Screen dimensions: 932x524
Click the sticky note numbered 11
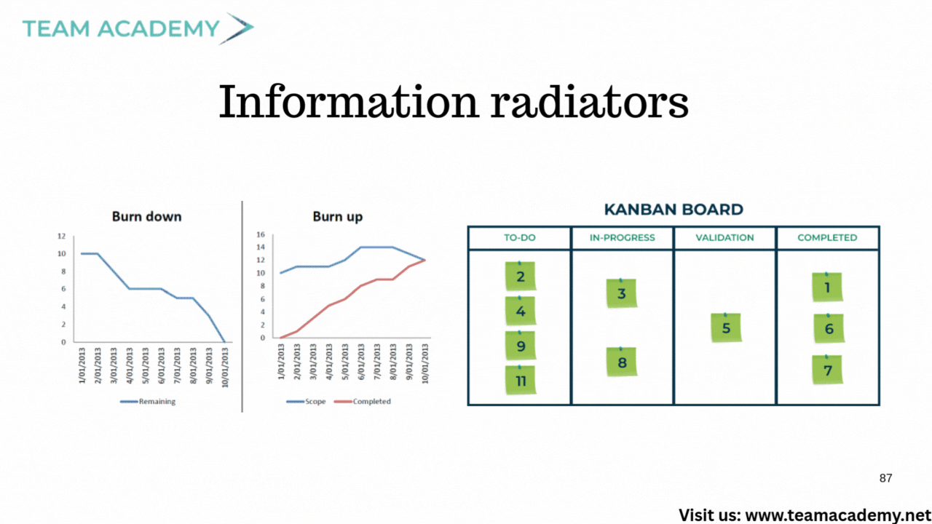(521, 380)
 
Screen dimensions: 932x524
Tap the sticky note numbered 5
(726, 327)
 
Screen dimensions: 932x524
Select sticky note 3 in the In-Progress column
(622, 293)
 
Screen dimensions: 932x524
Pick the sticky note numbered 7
(828, 370)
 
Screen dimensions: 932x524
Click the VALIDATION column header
(724, 237)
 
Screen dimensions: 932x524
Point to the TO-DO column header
(520, 237)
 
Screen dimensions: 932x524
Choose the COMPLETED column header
(827, 237)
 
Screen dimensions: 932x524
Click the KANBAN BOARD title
(674, 209)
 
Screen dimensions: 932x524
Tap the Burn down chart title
(147, 217)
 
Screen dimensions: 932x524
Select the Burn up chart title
(337, 217)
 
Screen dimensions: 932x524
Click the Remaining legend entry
(148, 401)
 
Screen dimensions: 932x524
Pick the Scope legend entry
(306, 401)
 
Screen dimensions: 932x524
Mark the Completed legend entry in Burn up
(363, 401)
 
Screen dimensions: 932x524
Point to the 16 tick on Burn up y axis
(261, 234)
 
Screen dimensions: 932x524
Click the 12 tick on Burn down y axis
(61, 237)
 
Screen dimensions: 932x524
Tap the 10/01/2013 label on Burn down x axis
(225, 368)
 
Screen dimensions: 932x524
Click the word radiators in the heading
(589, 102)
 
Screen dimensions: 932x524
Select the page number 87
(886, 478)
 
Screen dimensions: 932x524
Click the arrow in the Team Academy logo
(237, 28)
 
